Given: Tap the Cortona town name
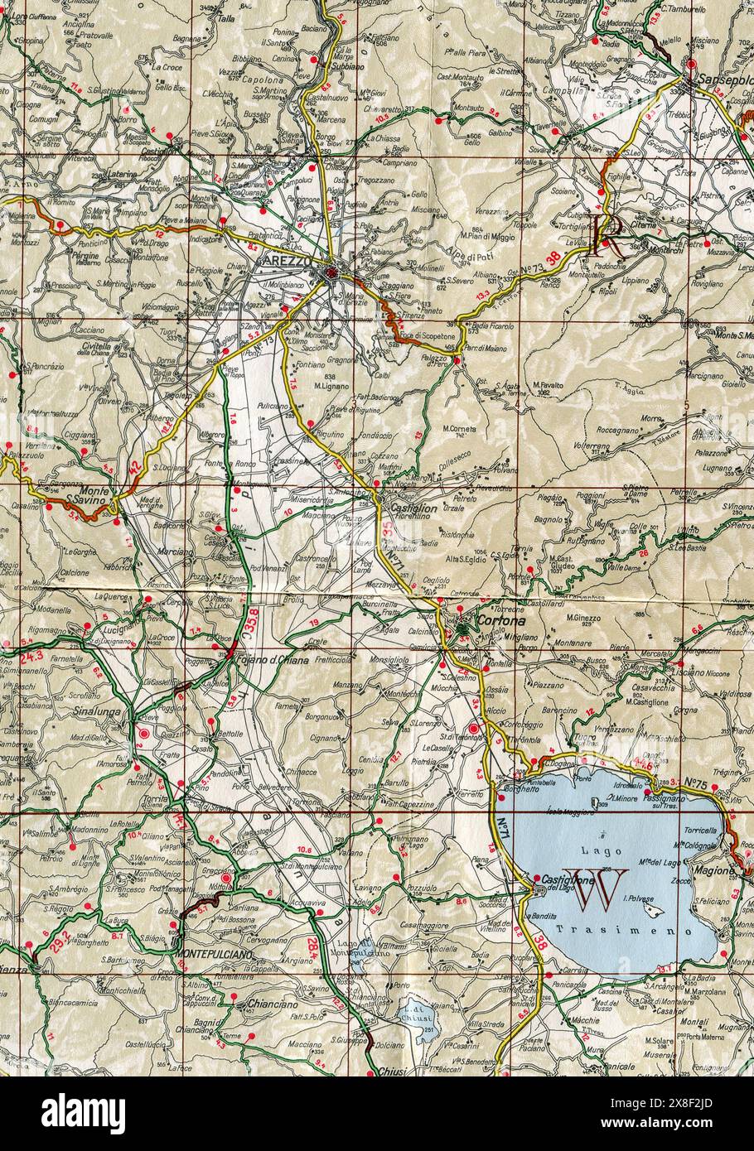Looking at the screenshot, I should click(486, 620).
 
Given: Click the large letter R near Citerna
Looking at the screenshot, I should click(607, 234).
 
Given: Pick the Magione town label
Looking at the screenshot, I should click(715, 870).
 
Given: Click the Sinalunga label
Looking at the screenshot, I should click(97, 710).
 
